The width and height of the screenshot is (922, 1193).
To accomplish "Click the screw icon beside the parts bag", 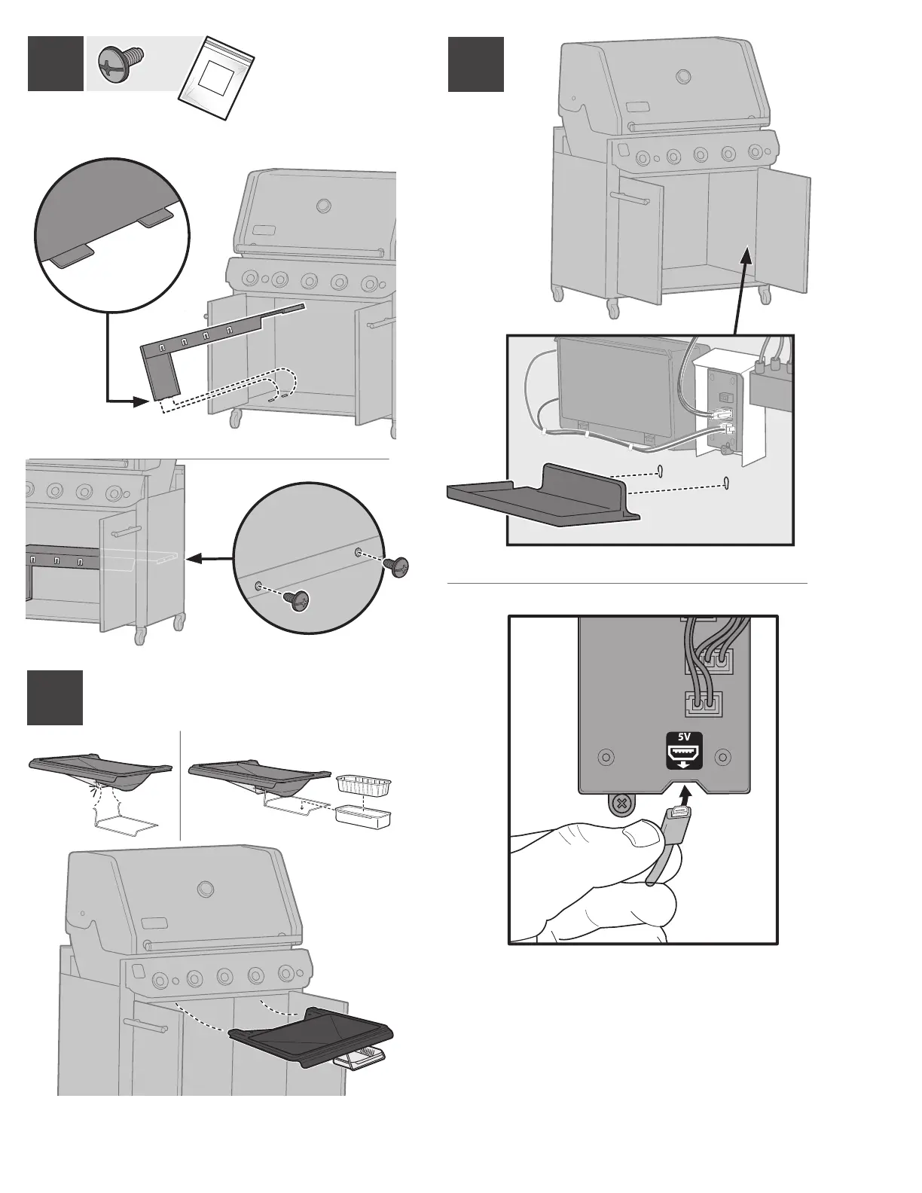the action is coord(121,63).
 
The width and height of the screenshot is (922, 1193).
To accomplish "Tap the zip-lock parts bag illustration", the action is coord(217,78).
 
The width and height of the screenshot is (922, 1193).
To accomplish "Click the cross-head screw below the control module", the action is coord(620,804).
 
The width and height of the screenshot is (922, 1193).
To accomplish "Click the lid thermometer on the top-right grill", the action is coord(684,76).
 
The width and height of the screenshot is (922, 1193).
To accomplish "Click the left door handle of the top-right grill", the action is coord(631,198).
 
